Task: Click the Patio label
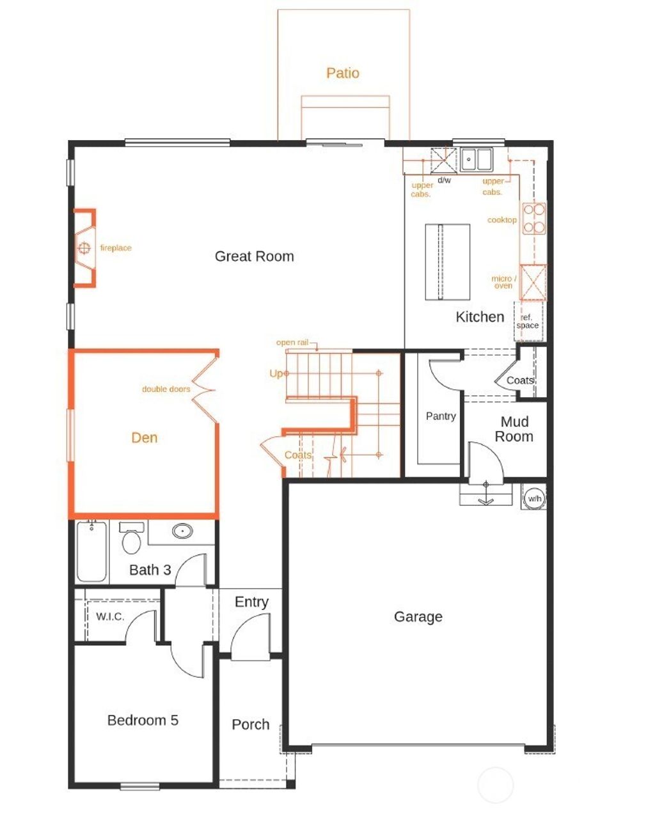[343, 73]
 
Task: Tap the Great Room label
[254, 256]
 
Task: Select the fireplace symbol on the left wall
[84, 248]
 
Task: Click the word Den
[145, 437]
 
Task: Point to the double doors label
[166, 389]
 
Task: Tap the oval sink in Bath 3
[183, 530]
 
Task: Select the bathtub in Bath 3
[91, 551]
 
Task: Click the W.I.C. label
[110, 617]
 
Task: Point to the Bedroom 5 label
[143, 720]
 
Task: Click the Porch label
[250, 724]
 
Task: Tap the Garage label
[418, 616]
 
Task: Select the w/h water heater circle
[534, 498]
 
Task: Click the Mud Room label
[514, 429]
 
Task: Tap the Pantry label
[441, 416]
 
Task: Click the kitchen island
[448, 262]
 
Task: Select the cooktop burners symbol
[534, 218]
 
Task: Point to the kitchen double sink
[477, 159]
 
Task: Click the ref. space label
[527, 322]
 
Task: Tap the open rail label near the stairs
[292, 343]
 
